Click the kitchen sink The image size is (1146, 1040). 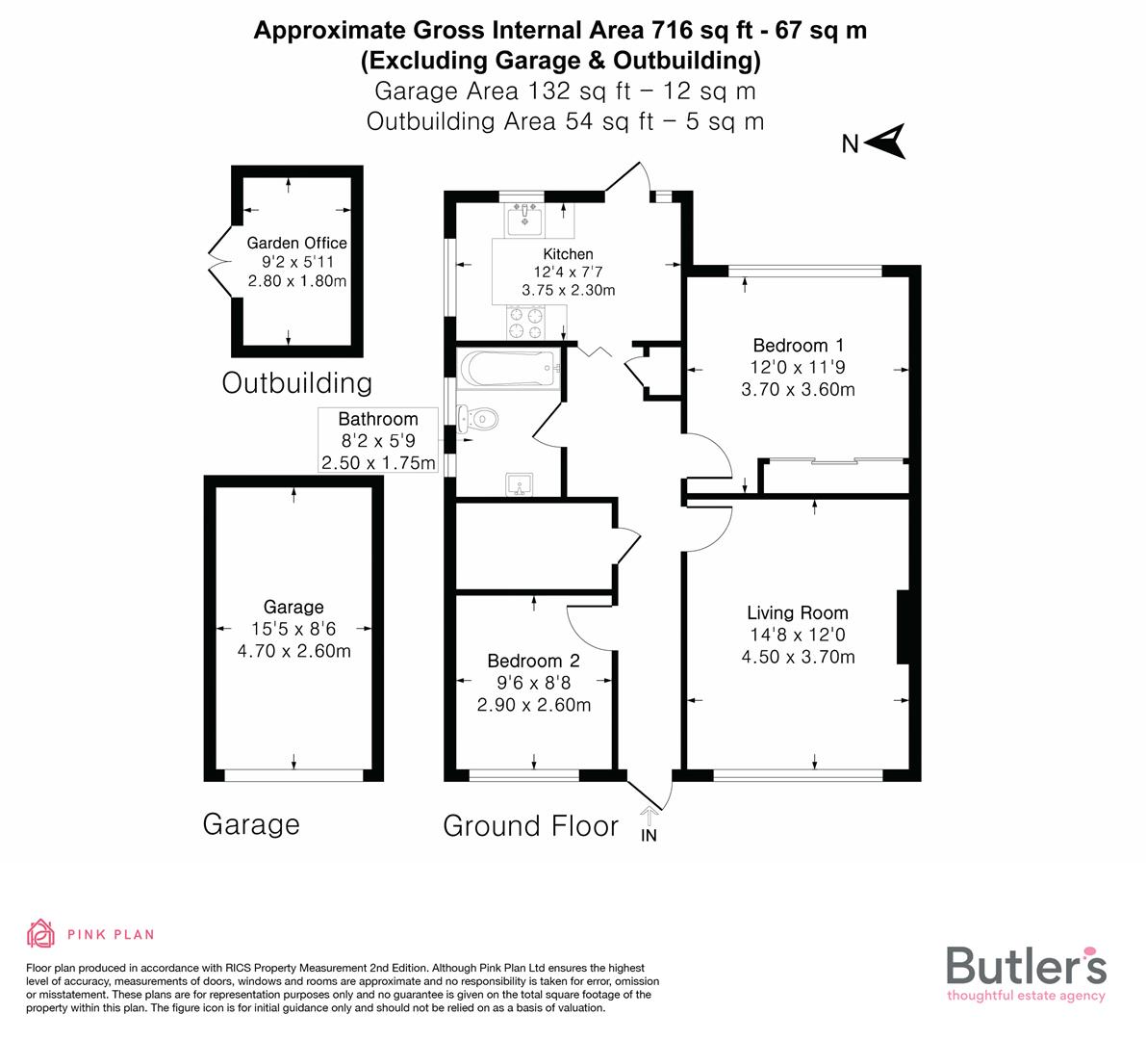click(525, 219)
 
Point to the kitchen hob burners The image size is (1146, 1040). click(526, 323)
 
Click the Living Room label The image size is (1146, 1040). click(798, 612)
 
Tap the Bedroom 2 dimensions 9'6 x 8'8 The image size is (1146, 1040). click(534, 683)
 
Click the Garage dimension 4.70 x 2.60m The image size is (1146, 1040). click(293, 651)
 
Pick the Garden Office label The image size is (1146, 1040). click(296, 243)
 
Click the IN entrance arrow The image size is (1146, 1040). click(649, 825)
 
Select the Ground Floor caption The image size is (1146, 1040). click(530, 825)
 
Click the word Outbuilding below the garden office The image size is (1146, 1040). click(296, 382)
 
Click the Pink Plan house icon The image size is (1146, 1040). click(41, 933)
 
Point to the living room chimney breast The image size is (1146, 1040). click(903, 627)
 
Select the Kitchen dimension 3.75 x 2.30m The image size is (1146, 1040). click(568, 290)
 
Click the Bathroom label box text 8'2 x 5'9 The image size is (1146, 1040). click(378, 441)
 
